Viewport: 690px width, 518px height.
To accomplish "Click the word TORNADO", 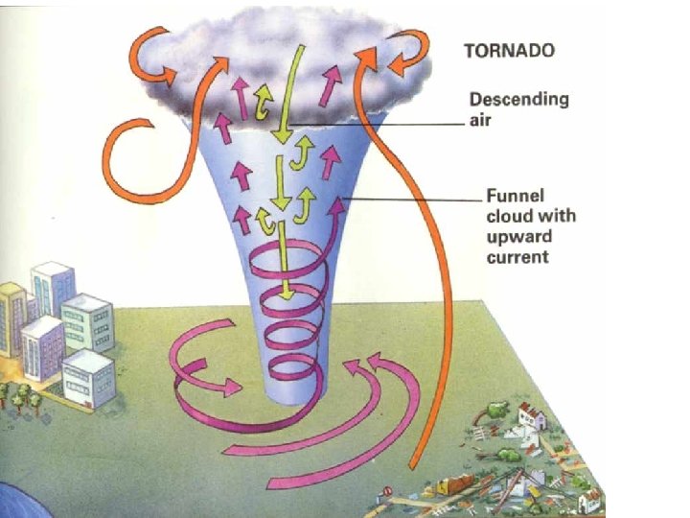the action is [x=509, y=51].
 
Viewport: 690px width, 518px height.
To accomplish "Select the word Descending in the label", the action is [x=518, y=100].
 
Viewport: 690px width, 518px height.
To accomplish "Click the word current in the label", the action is [x=517, y=257].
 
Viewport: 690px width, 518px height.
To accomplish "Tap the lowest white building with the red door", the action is [x=88, y=377].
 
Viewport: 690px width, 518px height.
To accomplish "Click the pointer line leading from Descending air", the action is [x=402, y=123].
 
